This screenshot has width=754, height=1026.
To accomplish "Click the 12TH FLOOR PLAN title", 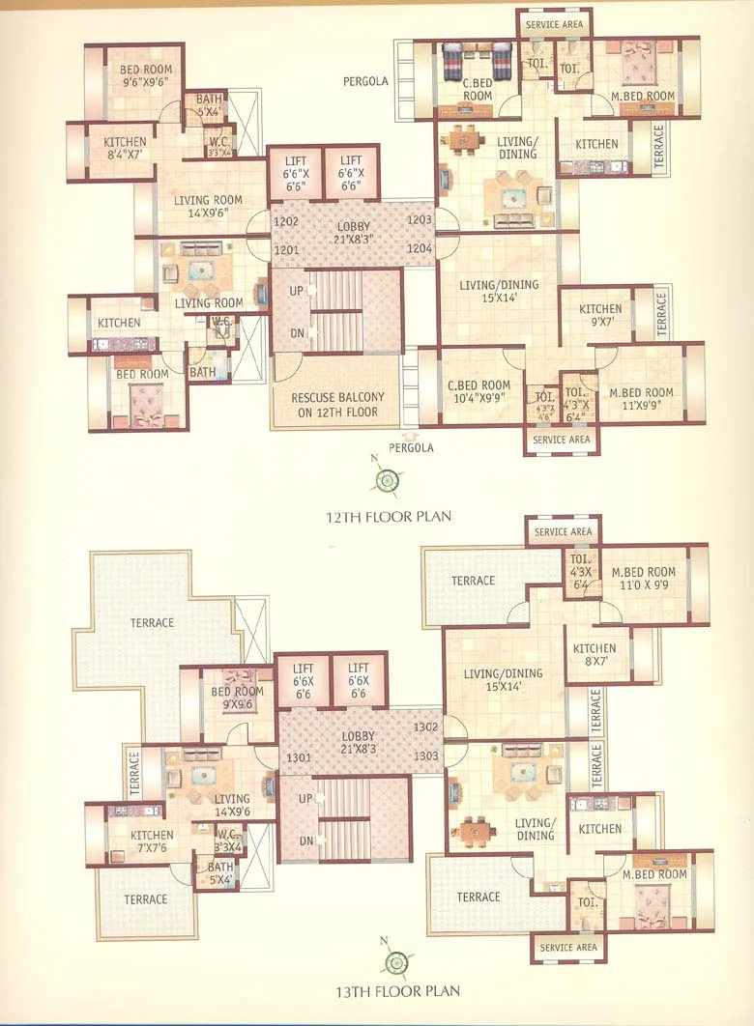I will (388, 517).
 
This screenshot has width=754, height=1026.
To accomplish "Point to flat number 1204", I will (420, 249).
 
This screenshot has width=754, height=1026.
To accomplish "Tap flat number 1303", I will (426, 755).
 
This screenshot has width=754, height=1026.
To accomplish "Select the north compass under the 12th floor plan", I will (387, 479).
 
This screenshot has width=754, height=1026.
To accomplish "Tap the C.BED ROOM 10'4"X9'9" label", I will (478, 392).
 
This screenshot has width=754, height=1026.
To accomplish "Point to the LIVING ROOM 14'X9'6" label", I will (207, 208).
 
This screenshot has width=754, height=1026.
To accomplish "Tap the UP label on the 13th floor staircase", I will (305, 799).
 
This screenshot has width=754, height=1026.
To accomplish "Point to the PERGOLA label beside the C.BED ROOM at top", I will (365, 82).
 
